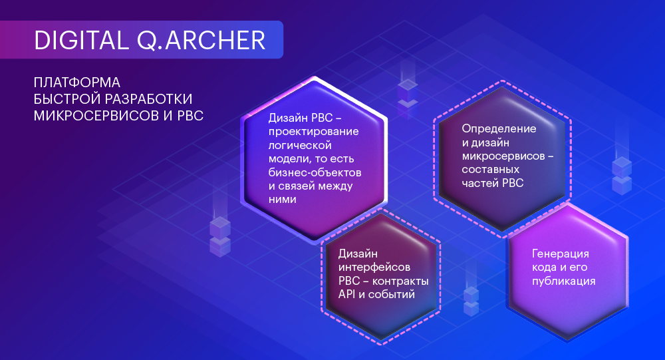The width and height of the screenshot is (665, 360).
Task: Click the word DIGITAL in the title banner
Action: coord(81,41)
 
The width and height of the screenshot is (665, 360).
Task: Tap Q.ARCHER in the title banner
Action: coord(201,41)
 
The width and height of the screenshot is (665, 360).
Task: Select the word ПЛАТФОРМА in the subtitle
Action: coord(76,83)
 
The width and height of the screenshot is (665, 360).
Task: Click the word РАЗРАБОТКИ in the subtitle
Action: coord(148,99)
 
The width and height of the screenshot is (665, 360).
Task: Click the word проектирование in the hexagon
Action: coord(313,132)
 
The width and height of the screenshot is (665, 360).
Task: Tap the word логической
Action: coord(300,146)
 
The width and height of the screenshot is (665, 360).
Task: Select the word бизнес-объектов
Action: coord(315,172)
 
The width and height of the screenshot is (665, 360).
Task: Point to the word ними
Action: coord(282,200)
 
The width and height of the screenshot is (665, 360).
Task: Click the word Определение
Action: coord(499,129)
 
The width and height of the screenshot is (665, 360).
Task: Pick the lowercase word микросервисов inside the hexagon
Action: coord(503,156)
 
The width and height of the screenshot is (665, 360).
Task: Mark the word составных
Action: coord(490,170)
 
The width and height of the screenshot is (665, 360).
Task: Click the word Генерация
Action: coord(560,254)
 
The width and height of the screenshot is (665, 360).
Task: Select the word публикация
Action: coord(564,281)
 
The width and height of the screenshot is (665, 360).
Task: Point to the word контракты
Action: coord(400,281)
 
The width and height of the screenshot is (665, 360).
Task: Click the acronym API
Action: coord(347,294)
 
